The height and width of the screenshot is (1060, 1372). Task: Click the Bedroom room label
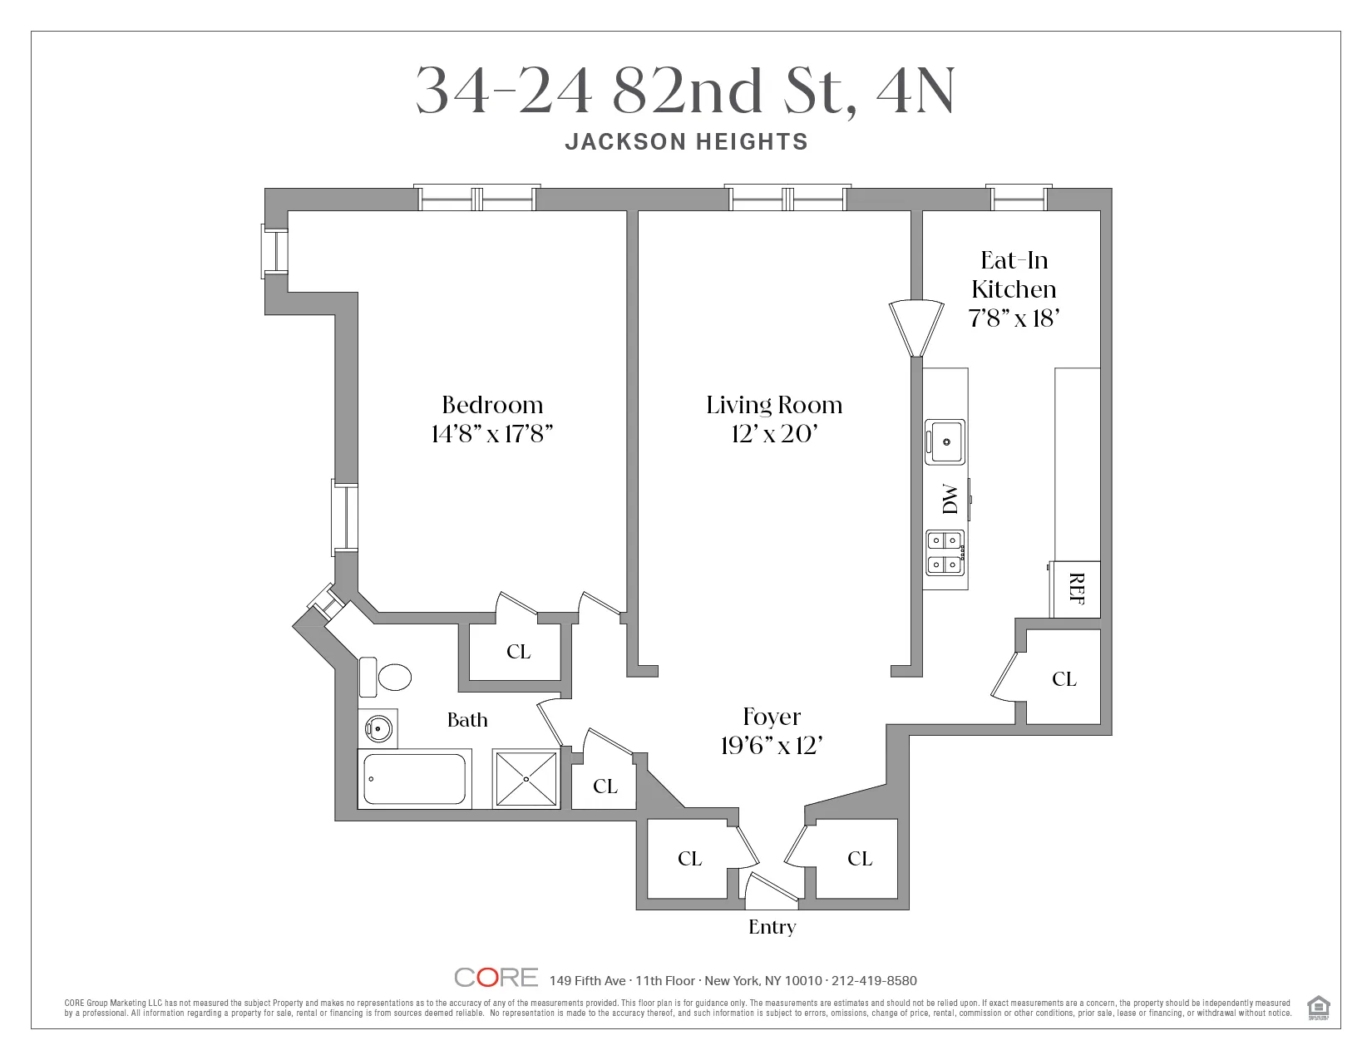point(492,405)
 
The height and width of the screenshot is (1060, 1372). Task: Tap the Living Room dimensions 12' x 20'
point(774,434)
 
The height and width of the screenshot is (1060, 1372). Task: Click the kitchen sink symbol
point(945,441)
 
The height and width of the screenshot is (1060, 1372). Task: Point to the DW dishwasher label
point(949,499)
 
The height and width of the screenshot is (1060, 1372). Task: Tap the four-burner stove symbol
point(945,553)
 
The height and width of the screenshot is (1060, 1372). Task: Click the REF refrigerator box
point(1076,589)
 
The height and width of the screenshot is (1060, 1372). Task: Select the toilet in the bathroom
point(387,677)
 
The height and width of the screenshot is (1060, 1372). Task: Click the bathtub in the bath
point(414,779)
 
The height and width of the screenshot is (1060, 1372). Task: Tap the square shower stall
point(526,779)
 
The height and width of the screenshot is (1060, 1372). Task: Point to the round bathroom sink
point(378,729)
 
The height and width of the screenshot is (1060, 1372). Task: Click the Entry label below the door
point(772,927)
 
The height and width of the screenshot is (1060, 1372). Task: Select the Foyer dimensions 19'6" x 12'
point(772,746)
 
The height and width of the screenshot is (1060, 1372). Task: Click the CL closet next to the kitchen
point(1064,679)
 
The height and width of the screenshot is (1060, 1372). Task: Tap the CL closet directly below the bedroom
point(518,652)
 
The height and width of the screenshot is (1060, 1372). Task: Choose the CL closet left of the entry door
point(689,859)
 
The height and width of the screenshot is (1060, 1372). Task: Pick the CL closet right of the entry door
point(860,859)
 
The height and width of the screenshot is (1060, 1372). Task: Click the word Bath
point(467,720)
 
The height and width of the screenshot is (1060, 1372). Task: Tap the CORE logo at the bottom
point(496,978)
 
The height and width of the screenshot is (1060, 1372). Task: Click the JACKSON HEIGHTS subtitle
point(686,142)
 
